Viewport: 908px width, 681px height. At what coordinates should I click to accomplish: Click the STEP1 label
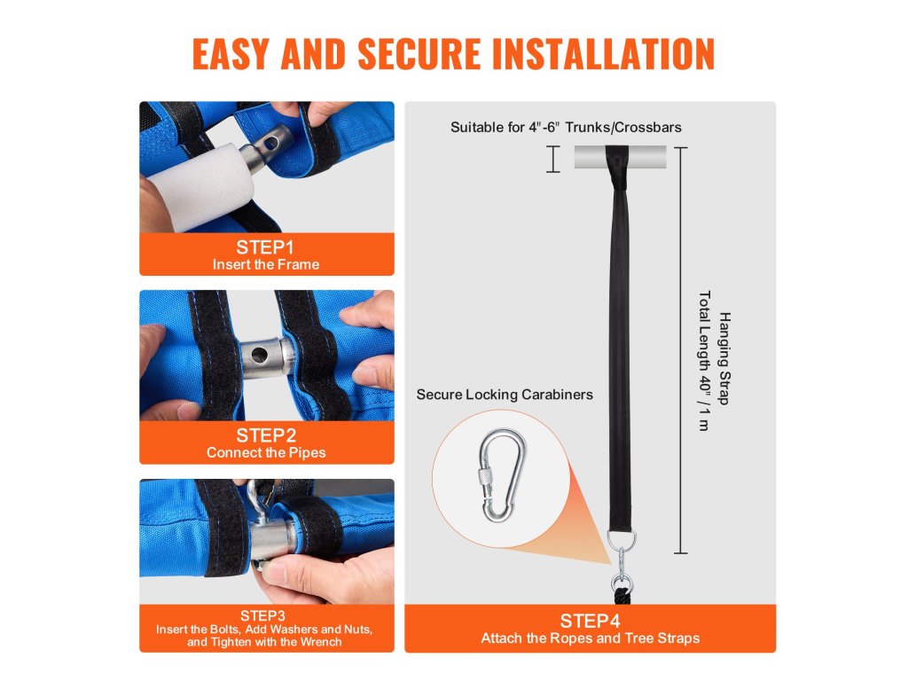tap(265, 247)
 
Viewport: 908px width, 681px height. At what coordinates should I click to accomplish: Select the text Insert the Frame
tap(266, 264)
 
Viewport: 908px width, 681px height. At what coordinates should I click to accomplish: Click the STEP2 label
tap(266, 435)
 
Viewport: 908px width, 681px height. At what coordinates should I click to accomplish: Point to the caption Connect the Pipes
tap(266, 453)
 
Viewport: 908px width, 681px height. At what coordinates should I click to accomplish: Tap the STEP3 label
tap(262, 615)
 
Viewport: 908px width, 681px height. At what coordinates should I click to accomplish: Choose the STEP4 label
tap(590, 621)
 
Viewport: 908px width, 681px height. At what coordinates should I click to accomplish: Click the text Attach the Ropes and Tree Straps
tap(590, 638)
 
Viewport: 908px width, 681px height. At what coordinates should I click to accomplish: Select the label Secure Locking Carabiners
tap(505, 395)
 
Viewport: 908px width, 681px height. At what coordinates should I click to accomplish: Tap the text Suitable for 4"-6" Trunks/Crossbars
tap(566, 128)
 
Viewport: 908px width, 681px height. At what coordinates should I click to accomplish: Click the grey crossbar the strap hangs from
tap(620, 157)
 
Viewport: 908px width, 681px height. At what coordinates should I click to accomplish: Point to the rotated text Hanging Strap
tap(724, 358)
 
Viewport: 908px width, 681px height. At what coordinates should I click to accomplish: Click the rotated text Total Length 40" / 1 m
tap(704, 361)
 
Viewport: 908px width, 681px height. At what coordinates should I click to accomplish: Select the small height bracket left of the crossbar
tap(553, 160)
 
